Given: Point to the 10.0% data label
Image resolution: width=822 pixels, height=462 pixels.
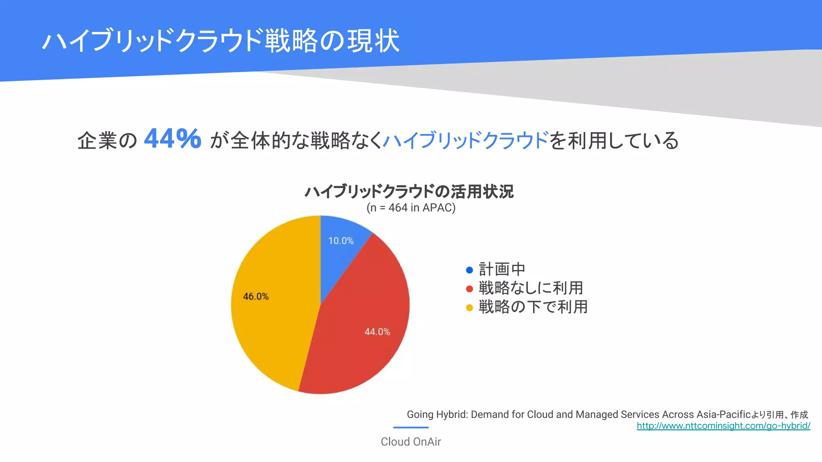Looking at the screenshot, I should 341,241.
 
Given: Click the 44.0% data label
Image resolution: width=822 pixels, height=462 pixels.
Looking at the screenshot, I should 377,332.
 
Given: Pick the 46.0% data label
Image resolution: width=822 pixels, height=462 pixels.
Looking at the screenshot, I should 256,296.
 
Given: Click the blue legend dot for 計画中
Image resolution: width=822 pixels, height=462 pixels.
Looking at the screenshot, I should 469,270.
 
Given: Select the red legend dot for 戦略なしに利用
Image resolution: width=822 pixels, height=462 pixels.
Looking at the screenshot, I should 469,289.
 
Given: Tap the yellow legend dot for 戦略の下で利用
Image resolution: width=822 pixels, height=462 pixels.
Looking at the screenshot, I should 469,308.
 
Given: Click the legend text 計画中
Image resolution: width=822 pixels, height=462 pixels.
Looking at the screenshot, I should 502,269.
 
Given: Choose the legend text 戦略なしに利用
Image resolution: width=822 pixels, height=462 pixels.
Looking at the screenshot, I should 531,288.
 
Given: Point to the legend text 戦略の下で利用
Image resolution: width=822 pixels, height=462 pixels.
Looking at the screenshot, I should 533,307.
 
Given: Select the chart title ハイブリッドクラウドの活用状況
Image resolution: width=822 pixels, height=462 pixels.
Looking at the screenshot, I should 409,191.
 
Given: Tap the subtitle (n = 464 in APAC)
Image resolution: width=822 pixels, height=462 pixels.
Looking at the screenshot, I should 411,208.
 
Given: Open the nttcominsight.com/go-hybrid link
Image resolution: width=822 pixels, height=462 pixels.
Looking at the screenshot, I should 723,426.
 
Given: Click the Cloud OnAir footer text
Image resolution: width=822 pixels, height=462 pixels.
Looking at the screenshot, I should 411,442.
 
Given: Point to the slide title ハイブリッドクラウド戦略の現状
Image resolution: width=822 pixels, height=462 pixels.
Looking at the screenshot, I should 221,41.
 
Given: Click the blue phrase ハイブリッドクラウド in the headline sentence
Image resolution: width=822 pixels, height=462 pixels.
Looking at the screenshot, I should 466,140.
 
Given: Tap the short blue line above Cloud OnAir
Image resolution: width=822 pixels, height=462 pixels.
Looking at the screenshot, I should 411,428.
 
